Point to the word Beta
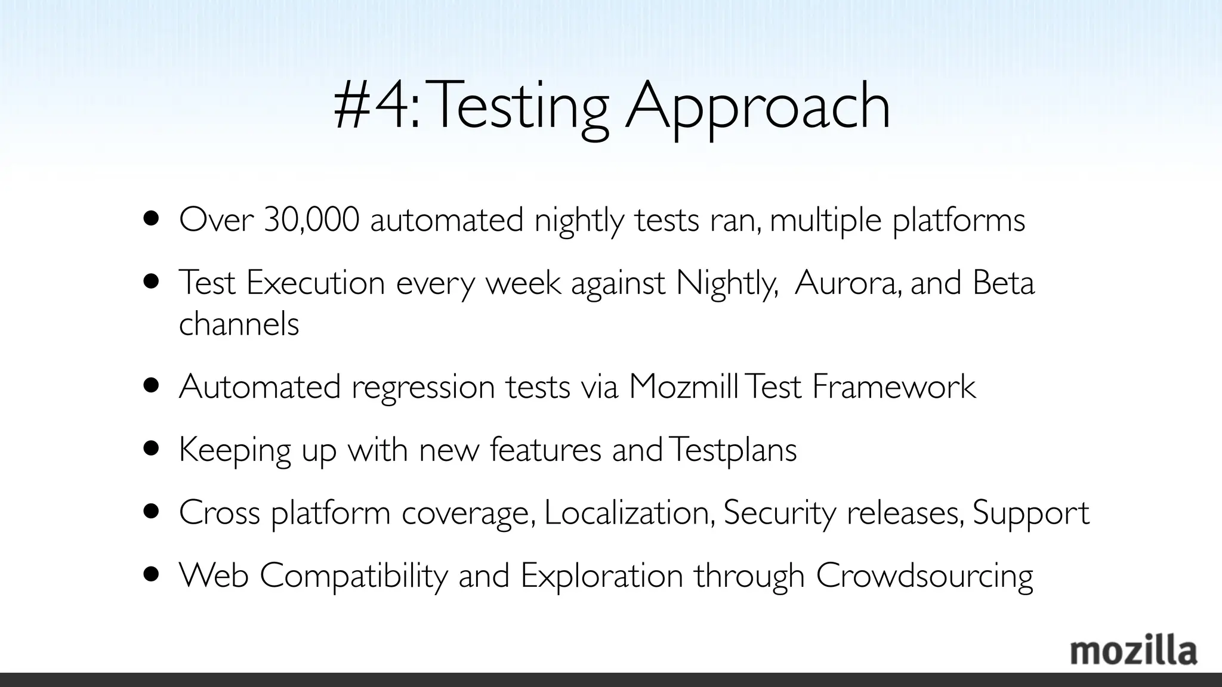point(1003,282)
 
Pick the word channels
point(239,324)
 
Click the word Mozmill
point(683,386)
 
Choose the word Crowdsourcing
point(924,576)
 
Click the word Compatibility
point(354,576)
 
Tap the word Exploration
point(602,576)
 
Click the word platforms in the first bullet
point(959,220)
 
